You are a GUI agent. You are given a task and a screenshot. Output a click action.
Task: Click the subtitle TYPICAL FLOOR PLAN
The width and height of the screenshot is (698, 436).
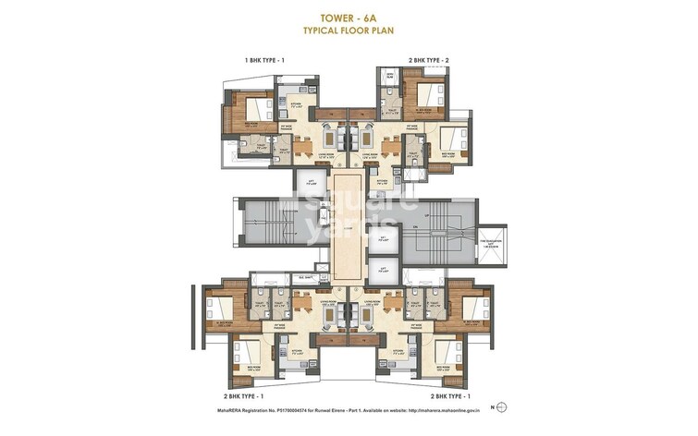(x=349, y=30)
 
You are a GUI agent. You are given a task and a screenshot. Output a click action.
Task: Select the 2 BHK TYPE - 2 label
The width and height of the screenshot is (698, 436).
(x=428, y=60)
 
